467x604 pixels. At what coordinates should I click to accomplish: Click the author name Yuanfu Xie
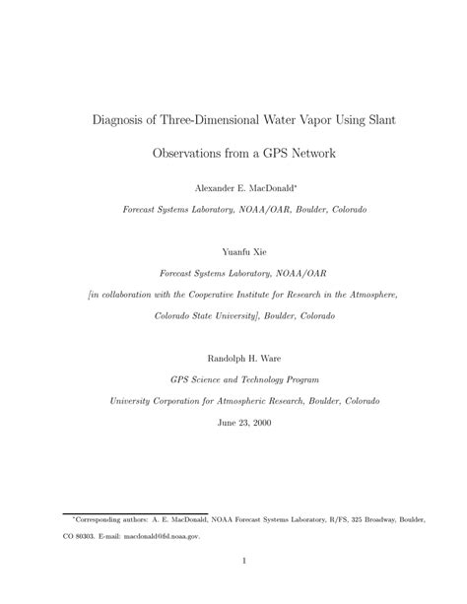(233, 251)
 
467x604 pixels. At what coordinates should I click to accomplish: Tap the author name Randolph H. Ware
(233, 358)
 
